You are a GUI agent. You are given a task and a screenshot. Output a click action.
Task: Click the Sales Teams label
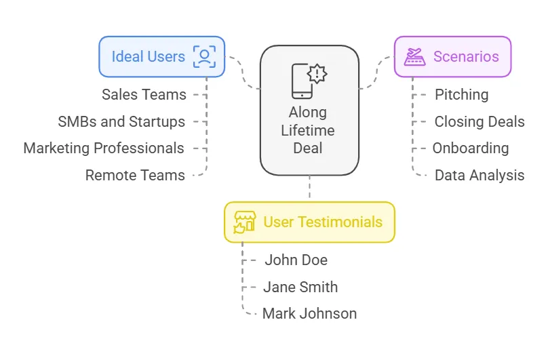pos(144,95)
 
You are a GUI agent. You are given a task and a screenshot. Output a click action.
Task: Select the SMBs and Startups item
pos(121,122)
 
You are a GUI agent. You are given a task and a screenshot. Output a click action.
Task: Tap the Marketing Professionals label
pos(104,148)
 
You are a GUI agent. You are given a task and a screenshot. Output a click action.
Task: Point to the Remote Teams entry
pos(135,176)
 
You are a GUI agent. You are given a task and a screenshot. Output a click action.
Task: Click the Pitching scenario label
pos(461,95)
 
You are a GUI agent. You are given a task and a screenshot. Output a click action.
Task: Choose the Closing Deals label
pos(479,122)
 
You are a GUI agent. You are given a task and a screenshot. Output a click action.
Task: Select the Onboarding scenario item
pos(471,148)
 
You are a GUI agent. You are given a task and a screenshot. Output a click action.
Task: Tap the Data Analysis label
pos(479,176)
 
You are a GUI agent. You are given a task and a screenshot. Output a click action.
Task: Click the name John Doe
pos(296,260)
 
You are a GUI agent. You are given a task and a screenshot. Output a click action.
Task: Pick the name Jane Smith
pos(300,287)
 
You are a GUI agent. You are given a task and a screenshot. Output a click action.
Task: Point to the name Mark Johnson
pos(309,314)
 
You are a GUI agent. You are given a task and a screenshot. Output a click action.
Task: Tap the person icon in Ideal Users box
pos(204,57)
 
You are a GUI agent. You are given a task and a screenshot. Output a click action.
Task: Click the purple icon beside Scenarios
pos(414,57)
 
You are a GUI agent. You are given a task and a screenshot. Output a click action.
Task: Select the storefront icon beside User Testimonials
pos(244,222)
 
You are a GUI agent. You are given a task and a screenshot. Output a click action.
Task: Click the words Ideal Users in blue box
pos(148,57)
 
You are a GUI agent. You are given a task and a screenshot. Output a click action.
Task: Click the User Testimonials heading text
pos(322,222)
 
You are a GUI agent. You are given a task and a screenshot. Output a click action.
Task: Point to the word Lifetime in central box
pos(309,130)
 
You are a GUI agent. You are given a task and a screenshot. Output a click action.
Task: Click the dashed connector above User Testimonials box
pos(309,188)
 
